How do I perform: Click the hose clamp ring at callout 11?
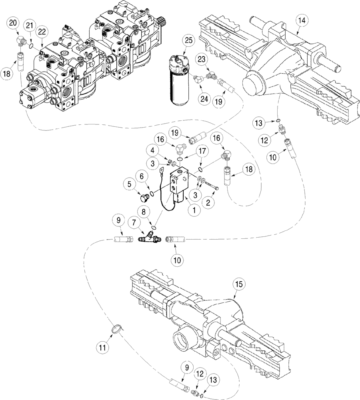click(x=116, y=329)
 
